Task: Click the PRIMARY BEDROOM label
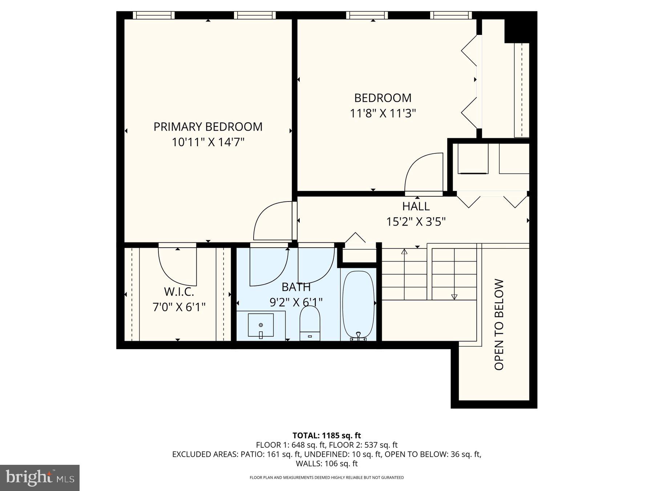(208, 127)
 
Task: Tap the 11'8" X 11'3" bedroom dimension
(383, 113)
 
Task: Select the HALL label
(416, 206)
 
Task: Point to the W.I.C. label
(179, 292)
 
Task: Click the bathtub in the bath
(358, 304)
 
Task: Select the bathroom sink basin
(261, 325)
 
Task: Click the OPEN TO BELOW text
(499, 324)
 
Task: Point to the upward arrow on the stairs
(404, 251)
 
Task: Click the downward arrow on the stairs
(454, 297)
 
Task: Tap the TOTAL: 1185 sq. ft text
(327, 435)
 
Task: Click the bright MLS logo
(40, 478)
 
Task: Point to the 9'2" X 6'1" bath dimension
(296, 302)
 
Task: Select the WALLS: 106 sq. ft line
(327, 464)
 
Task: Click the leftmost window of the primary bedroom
(153, 15)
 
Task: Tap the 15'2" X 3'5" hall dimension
(416, 221)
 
